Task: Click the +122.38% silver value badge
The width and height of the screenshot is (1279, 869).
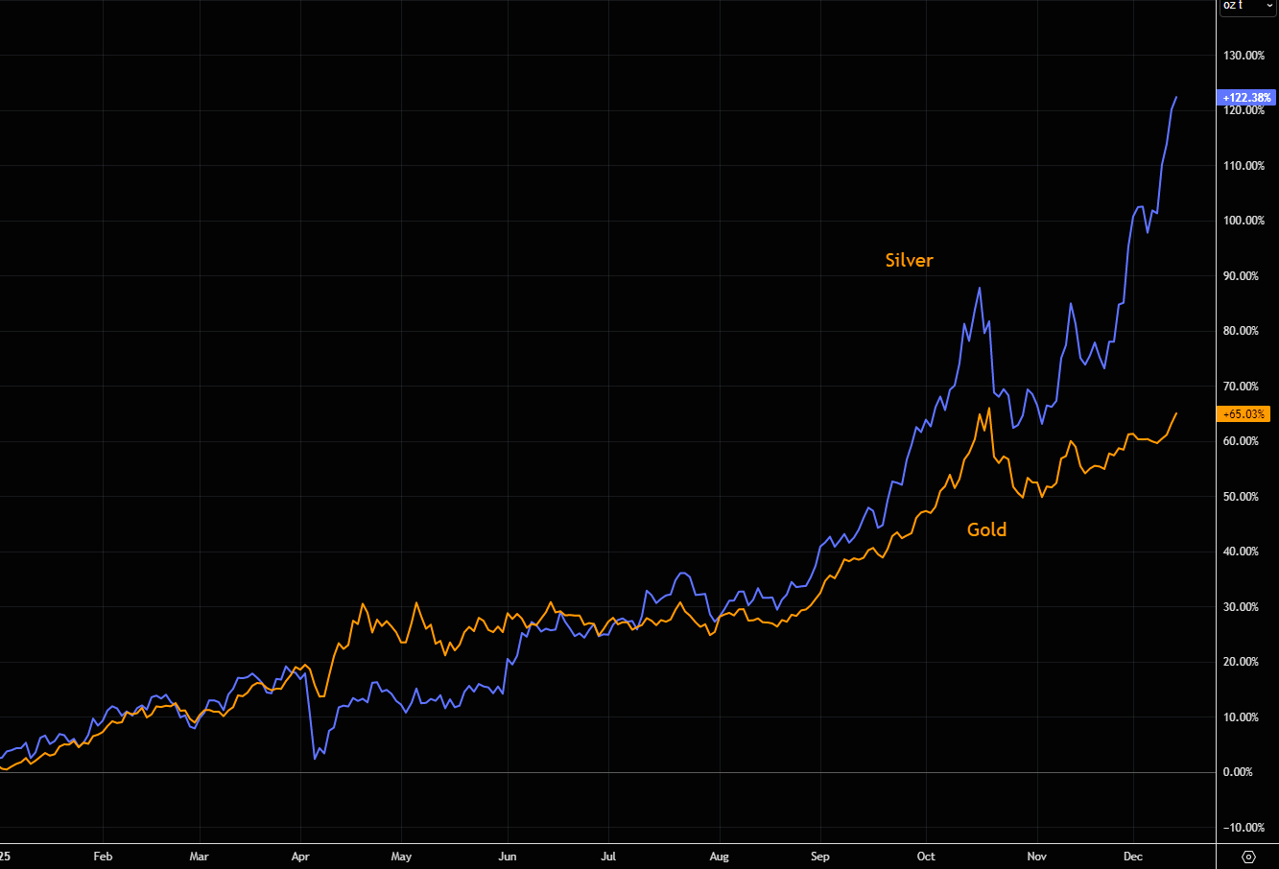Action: pos(1246,98)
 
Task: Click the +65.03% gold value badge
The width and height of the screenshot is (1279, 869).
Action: pos(1243,414)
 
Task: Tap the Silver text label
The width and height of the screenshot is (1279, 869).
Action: pos(909,260)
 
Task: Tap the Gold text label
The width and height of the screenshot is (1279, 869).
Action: pos(986,529)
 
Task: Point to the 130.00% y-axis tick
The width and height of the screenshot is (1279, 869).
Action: pos(1243,56)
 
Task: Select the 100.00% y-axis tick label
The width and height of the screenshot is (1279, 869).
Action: pos(1243,221)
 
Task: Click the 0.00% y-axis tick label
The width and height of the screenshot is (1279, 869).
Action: pos(1246,772)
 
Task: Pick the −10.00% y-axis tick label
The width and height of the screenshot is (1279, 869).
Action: pos(1243,828)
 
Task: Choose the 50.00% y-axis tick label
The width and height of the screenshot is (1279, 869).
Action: pos(1243,497)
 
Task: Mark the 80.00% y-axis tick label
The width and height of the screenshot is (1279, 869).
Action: pos(1243,331)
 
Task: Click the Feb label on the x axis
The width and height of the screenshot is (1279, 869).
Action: pos(103,857)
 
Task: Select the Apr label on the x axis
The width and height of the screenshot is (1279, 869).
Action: pos(300,857)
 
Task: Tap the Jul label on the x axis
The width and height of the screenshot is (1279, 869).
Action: pos(608,857)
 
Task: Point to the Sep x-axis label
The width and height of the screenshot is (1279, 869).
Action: pos(819,857)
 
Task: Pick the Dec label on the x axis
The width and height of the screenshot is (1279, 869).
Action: pos(1133,857)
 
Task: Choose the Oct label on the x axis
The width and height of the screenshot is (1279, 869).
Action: pos(926,857)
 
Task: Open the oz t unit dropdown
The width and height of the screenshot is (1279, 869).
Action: pos(1246,6)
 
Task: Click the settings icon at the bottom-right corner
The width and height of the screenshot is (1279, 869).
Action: pos(1248,857)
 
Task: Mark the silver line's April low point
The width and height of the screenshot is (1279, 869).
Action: pos(315,759)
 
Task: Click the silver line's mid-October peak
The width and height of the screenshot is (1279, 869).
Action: pos(979,288)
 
